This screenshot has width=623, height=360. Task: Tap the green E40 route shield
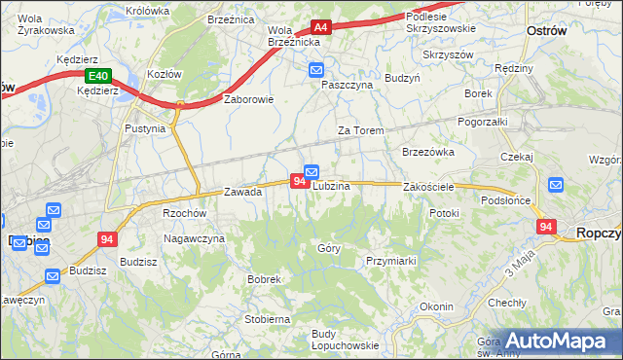tap(97, 76)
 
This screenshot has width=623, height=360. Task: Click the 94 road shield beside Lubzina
tap(298, 180)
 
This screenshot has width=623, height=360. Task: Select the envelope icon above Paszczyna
tap(316, 70)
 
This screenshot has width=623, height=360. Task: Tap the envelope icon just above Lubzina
tap(311, 172)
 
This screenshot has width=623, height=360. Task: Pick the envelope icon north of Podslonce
tap(555, 184)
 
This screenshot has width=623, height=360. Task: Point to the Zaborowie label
tap(249, 99)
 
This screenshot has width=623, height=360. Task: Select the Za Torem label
tap(360, 130)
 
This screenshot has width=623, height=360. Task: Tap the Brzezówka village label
tap(428, 152)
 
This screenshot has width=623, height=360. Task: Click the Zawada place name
tap(243, 192)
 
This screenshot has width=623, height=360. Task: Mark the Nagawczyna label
tap(194, 238)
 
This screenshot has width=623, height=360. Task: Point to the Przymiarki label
tap(391, 261)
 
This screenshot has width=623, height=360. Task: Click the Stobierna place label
tap(267, 318)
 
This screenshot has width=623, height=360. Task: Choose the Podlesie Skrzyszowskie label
tap(438, 22)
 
